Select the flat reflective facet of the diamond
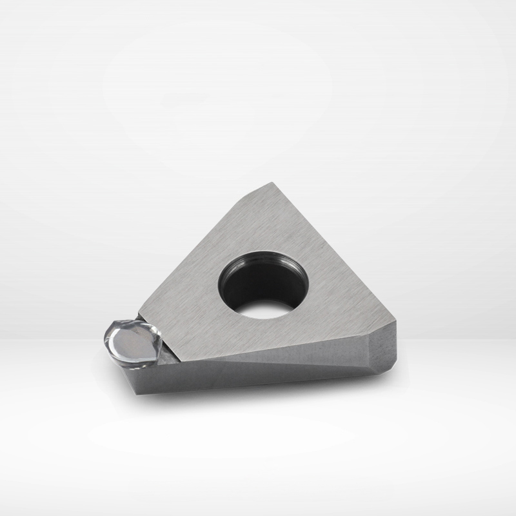pos(133,344)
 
